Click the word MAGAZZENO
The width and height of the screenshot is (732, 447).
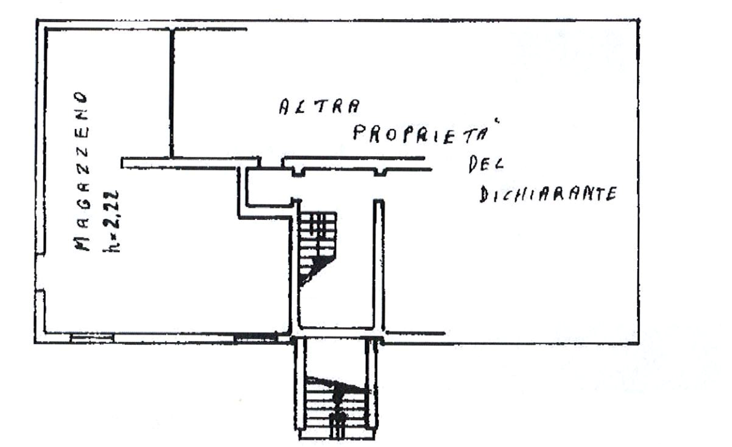coord(81,171)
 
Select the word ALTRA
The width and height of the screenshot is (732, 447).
coord(320,107)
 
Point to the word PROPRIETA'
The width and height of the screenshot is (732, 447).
coord(420,134)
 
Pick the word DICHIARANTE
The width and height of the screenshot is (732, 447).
coord(549,194)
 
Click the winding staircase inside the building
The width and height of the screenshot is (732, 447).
coord(317,248)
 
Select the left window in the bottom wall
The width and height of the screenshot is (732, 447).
coord(91,338)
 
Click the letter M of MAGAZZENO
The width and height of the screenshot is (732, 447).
coord(82,243)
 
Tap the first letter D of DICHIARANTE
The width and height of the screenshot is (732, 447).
coord(485,195)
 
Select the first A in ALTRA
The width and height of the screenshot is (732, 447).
coord(285,107)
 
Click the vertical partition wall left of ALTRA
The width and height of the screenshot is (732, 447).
coord(172,93)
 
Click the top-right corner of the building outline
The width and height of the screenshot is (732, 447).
coord(639,20)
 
